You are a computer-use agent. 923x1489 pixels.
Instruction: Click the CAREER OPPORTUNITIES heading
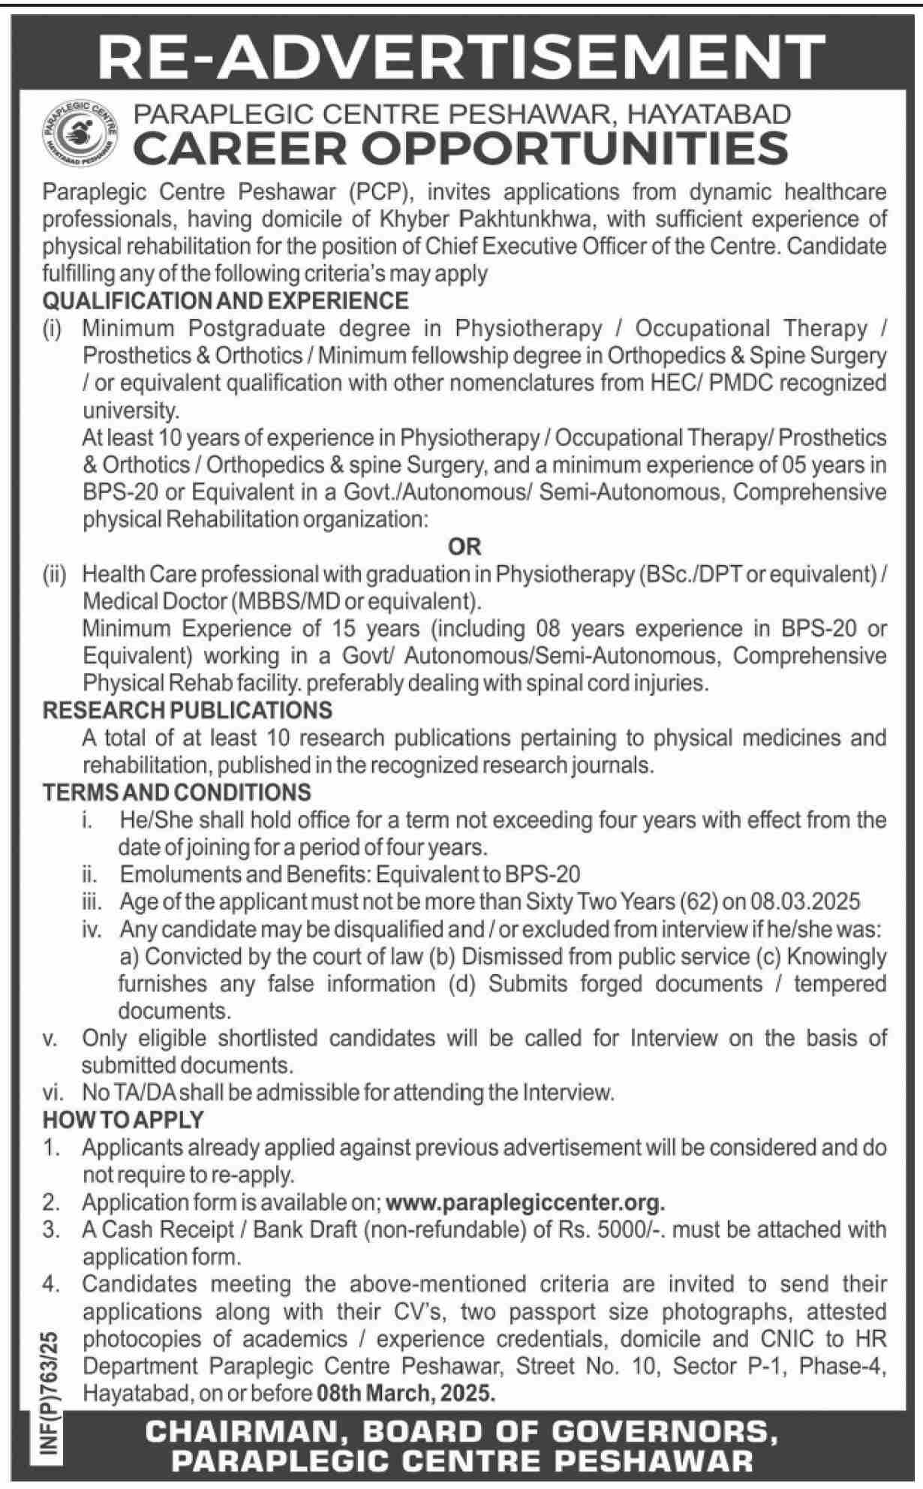pyautogui.click(x=461, y=148)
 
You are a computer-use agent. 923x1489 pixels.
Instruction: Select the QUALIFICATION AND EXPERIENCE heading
pyautogui.click(x=226, y=301)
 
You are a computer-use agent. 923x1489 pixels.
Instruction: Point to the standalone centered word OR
pyautogui.click(x=465, y=547)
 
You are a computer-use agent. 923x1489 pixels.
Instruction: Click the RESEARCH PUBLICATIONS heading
pyautogui.click(x=188, y=710)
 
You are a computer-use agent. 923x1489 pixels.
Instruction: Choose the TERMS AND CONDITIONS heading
pyautogui.click(x=176, y=793)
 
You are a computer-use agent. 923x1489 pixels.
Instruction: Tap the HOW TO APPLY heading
pyautogui.click(x=123, y=1120)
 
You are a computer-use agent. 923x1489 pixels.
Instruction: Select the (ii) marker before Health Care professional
pyautogui.click(x=54, y=575)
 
